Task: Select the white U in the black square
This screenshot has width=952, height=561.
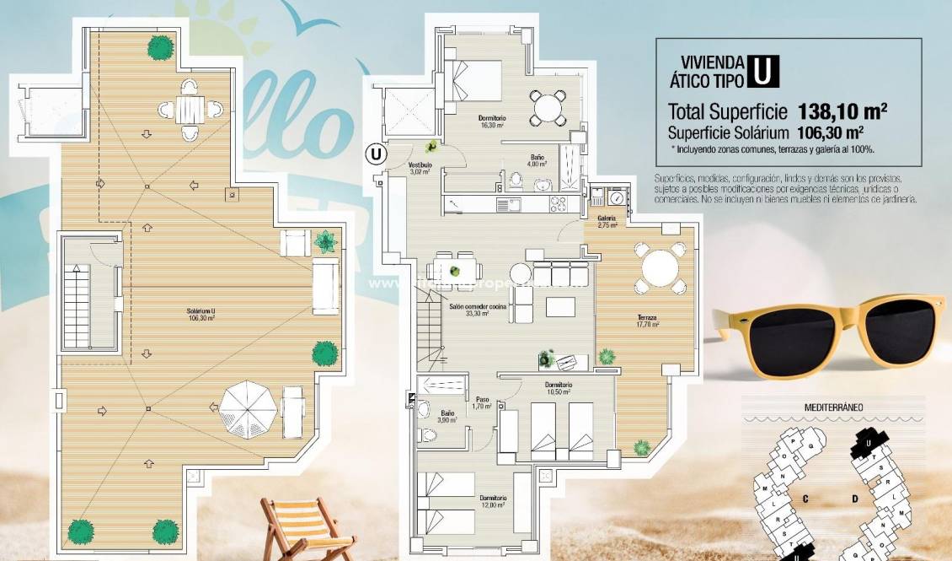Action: (762, 70)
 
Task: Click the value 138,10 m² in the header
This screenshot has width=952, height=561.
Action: (845, 111)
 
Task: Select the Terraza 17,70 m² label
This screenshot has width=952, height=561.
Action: (647, 321)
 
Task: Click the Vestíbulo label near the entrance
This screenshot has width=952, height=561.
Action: (420, 168)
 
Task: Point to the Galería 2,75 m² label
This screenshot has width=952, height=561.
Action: (607, 222)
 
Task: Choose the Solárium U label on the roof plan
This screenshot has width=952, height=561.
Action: (201, 315)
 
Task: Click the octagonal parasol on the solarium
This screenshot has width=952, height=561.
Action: (248, 408)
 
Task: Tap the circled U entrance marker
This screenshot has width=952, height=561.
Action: (375, 154)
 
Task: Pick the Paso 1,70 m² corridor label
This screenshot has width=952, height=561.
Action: (482, 403)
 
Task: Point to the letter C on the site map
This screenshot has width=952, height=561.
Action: (805, 499)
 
